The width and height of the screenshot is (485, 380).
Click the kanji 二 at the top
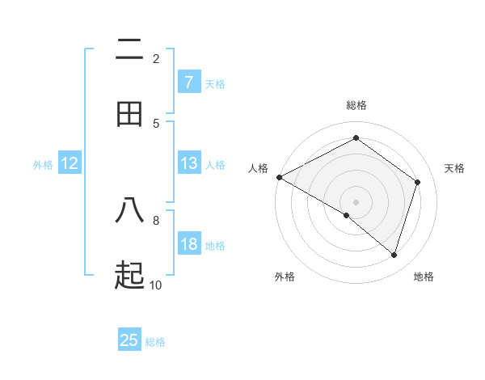[130, 50]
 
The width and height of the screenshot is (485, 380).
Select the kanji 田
[130, 114]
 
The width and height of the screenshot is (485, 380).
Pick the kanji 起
[130, 277]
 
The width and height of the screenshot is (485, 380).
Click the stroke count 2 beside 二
[156, 58]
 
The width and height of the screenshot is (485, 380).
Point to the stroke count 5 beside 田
[156, 123]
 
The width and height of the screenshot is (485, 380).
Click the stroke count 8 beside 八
[156, 220]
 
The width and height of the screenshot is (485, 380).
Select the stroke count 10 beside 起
[155, 285]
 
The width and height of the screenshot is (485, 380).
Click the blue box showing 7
[188, 82]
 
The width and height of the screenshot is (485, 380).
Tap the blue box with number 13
[188, 163]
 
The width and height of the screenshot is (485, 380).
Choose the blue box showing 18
[188, 244]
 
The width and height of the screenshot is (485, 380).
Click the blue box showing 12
[70, 163]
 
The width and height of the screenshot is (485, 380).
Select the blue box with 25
[129, 340]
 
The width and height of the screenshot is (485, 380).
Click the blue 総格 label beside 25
[155, 342]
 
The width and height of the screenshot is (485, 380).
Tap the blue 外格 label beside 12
[43, 165]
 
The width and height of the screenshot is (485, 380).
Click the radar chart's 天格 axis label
[454, 168]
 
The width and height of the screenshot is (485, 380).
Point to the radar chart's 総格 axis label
[356, 105]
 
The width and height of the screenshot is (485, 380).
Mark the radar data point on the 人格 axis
[279, 177]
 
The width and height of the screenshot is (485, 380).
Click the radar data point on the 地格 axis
[394, 255]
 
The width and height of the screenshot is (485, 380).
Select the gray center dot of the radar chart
[356, 201]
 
